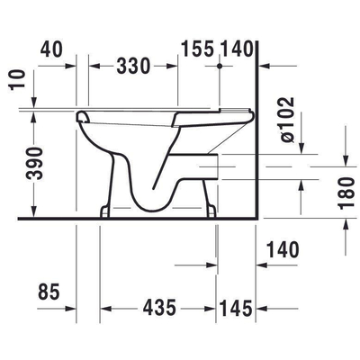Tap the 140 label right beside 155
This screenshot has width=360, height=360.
point(238,48)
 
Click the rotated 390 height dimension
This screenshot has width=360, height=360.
point(31,165)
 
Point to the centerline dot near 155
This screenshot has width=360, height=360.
point(219,66)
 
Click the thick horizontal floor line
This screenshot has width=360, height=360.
point(135,219)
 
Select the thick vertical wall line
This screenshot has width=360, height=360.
point(257,135)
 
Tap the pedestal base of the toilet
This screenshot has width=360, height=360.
point(162,209)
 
